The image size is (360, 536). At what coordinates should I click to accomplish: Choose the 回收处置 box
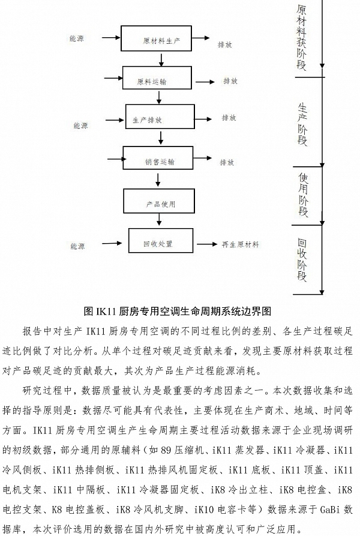tap(158, 244)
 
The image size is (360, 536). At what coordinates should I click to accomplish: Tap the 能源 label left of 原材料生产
tap(77, 38)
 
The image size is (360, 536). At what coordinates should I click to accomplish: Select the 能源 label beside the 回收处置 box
tap(77, 246)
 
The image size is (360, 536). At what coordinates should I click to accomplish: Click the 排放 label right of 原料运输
tap(230, 81)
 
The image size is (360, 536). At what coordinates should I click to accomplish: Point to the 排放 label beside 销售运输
tap(227, 162)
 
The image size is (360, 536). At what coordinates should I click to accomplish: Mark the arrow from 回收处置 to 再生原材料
tap(200, 244)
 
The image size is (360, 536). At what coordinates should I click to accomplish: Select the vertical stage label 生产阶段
tap(302, 124)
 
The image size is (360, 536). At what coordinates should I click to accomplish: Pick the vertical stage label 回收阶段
tap(302, 259)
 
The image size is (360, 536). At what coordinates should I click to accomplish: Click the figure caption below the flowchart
tap(178, 311)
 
